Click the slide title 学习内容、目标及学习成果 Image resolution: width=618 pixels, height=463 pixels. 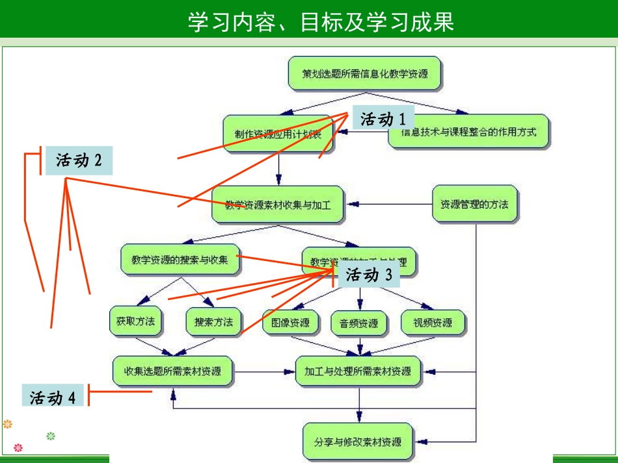point(321,22)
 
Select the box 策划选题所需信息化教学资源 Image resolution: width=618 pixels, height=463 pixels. point(365,73)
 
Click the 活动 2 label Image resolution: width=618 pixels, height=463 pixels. point(79,160)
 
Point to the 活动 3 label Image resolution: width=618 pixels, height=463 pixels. point(369,275)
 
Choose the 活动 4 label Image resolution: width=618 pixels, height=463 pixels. point(53,397)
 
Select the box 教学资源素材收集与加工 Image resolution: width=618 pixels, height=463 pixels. point(278,205)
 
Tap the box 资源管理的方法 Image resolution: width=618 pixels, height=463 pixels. point(475,205)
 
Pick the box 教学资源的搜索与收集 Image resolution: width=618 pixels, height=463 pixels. point(180,260)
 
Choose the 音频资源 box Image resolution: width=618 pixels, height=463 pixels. point(359,323)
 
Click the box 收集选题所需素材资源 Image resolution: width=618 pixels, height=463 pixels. point(172,372)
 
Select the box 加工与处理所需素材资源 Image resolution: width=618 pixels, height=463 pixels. point(358,372)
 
